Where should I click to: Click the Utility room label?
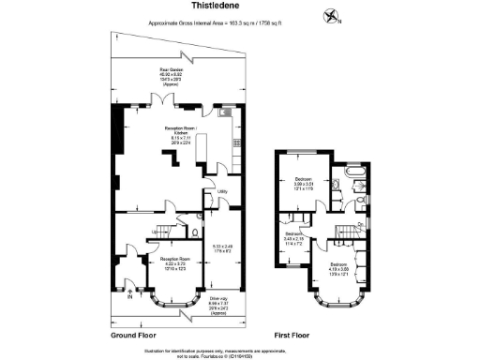[x=222, y=193]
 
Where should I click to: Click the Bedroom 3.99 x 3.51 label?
[x=306, y=184]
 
